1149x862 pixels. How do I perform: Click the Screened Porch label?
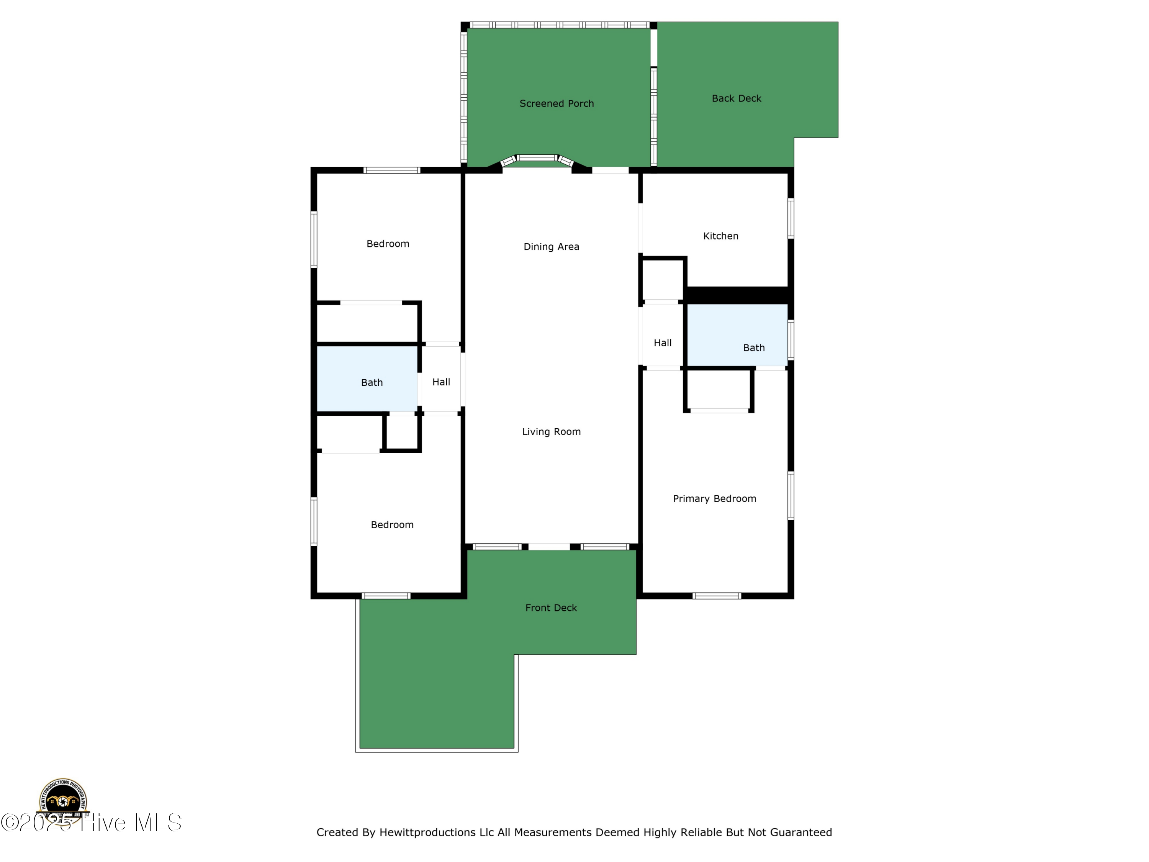pos(556,103)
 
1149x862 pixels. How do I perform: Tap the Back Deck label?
pos(736,98)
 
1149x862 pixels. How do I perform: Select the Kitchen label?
pos(720,236)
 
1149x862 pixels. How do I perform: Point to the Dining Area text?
pos(551,247)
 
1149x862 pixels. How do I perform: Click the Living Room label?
pos(551,432)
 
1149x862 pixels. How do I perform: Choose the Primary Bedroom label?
pos(714,499)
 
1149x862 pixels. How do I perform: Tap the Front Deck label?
pos(551,608)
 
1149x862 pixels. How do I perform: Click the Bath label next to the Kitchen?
pos(753,348)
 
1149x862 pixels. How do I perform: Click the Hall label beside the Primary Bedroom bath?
pos(662,343)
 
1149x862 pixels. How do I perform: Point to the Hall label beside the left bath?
pos(441,382)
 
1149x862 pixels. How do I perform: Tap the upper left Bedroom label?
pos(388,244)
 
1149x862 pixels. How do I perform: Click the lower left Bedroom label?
pos(392,525)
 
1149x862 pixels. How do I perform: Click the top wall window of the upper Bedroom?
pos(392,170)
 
